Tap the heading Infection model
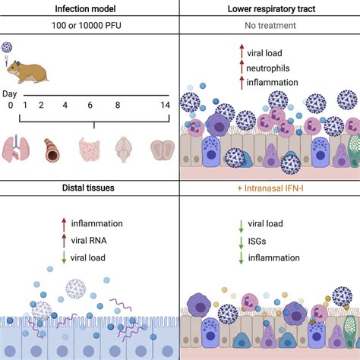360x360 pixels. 90,8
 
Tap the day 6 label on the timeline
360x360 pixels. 93,106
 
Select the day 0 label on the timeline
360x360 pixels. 10,106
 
